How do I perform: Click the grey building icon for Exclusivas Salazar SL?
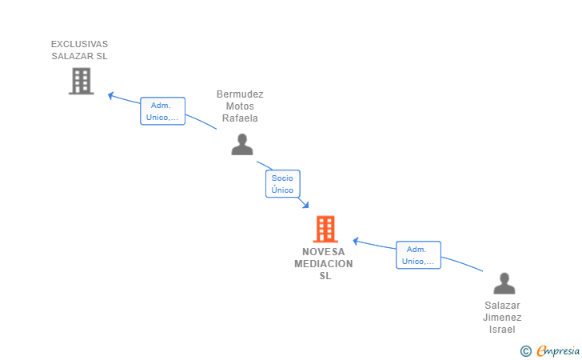(x=82, y=81)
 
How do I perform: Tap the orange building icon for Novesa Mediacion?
(x=325, y=229)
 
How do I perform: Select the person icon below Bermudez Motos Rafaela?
(x=242, y=144)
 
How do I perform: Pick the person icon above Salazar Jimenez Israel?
(x=504, y=283)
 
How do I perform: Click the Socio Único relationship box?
(x=283, y=183)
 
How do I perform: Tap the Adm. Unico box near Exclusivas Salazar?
(x=162, y=111)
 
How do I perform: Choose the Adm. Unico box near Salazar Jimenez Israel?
(x=418, y=255)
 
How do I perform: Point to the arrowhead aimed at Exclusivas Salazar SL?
(x=110, y=95)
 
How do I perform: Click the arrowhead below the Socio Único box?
(x=305, y=205)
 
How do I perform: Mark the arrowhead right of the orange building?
(x=355, y=241)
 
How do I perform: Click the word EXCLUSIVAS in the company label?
(x=79, y=44)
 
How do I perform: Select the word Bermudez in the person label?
(x=240, y=94)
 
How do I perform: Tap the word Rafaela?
(x=240, y=118)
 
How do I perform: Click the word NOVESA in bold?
(x=324, y=252)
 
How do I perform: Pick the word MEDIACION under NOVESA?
(x=324, y=264)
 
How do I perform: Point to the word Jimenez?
(x=502, y=318)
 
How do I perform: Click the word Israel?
(x=502, y=330)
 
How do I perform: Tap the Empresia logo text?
(x=558, y=351)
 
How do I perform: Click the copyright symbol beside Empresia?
(x=526, y=351)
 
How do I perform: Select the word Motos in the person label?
(x=240, y=106)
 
